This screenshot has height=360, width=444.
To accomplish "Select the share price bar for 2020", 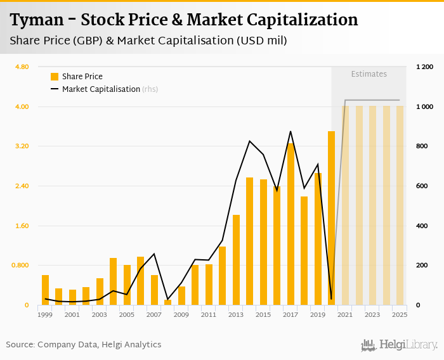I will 331,218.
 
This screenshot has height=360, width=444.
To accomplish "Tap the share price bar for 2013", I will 236,260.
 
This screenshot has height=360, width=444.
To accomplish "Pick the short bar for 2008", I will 168,302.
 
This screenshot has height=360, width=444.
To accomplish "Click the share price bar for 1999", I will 46,290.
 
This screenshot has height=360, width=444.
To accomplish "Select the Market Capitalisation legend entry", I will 100,89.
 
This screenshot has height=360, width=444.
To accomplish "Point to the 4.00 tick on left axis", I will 22,106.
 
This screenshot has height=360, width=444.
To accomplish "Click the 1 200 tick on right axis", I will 424,67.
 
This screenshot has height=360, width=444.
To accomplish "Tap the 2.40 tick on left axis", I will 22,186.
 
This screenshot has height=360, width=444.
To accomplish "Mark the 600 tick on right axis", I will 422,186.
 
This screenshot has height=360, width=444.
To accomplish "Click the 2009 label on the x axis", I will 181,314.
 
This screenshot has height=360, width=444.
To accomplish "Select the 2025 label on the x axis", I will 400,314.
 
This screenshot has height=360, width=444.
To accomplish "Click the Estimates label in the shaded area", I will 369,74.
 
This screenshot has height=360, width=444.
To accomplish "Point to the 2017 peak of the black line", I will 291,132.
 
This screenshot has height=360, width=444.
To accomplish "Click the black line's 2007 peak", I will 154,254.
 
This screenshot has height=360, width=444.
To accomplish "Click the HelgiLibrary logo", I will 400,345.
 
